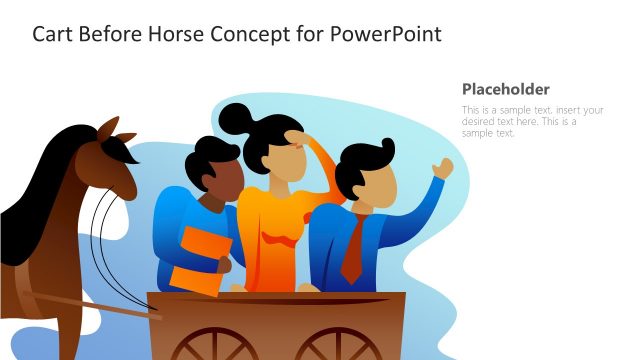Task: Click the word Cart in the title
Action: (54, 34)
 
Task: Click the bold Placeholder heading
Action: (506, 89)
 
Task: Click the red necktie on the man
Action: (352, 251)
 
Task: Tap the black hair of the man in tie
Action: (362, 161)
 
